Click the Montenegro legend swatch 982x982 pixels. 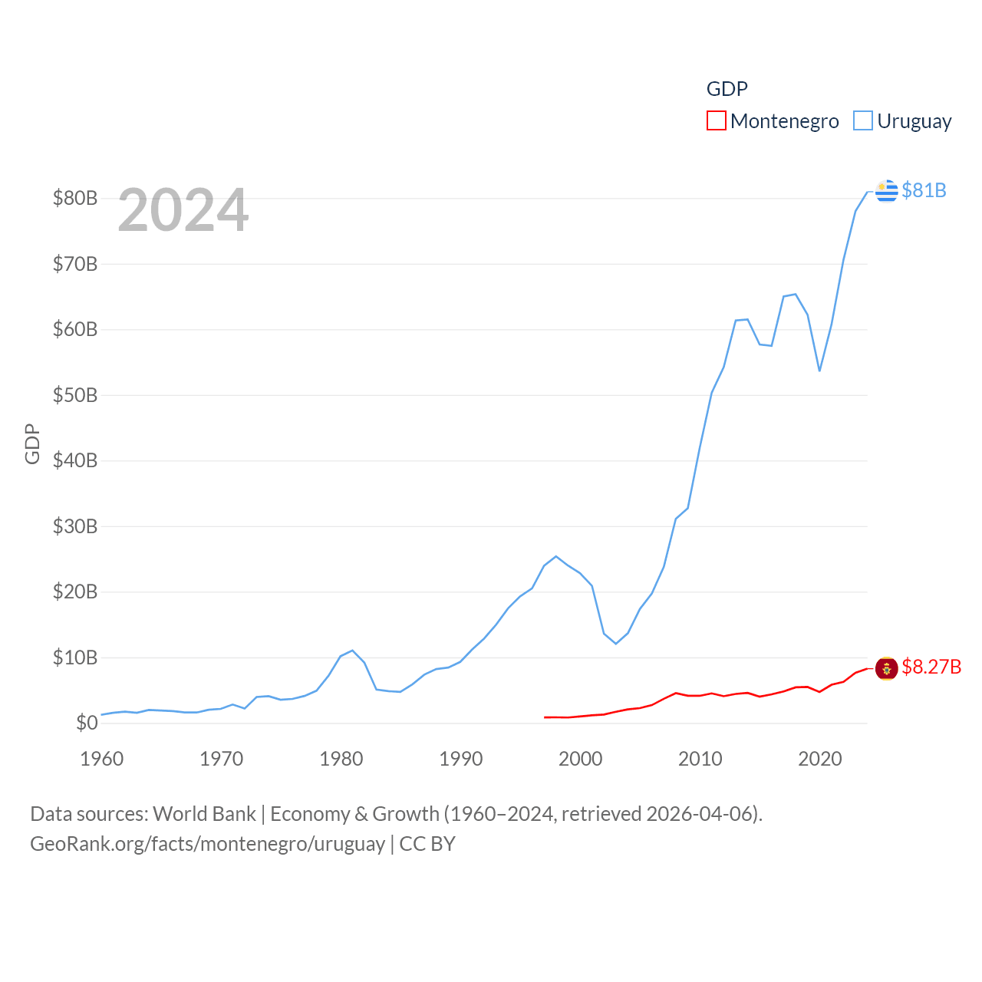(x=716, y=121)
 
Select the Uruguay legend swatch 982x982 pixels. (x=863, y=121)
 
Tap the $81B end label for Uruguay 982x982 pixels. (x=924, y=190)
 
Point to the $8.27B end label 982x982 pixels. (x=931, y=667)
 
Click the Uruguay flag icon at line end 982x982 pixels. (x=886, y=190)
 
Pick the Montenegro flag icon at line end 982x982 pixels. (x=886, y=668)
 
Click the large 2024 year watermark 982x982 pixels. (x=183, y=210)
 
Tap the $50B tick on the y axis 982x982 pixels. (x=75, y=395)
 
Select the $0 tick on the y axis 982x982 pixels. (x=87, y=723)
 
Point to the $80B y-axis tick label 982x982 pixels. (x=75, y=198)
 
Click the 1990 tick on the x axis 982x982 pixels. (x=461, y=759)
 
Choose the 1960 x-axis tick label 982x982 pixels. (x=102, y=759)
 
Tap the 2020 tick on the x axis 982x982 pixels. (x=820, y=759)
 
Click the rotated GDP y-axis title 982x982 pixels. (x=32, y=443)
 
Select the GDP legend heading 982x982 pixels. (x=727, y=89)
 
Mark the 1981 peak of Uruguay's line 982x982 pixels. (x=353, y=651)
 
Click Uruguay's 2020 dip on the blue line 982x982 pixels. (x=819, y=371)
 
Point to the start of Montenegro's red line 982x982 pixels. (x=545, y=717)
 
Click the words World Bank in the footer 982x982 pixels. (x=204, y=813)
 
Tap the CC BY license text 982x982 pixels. (x=427, y=844)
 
